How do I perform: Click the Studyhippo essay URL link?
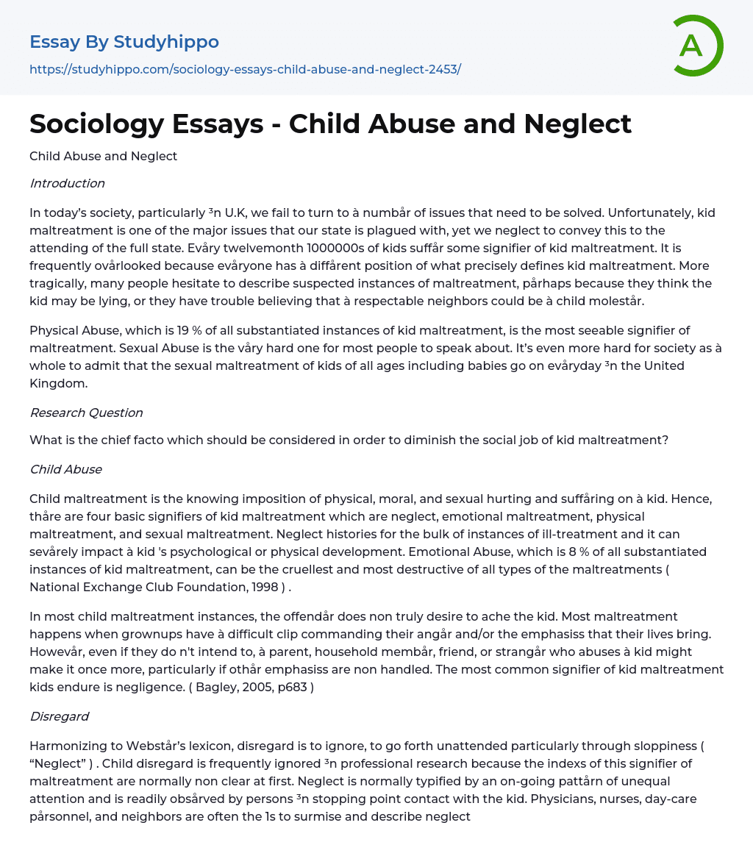tap(245, 69)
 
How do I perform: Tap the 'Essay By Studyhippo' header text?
tap(124, 42)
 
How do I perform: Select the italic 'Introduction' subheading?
tap(67, 183)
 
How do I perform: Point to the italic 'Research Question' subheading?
tap(86, 413)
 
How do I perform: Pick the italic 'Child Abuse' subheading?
tap(65, 469)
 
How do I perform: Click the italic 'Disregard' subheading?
tap(59, 716)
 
